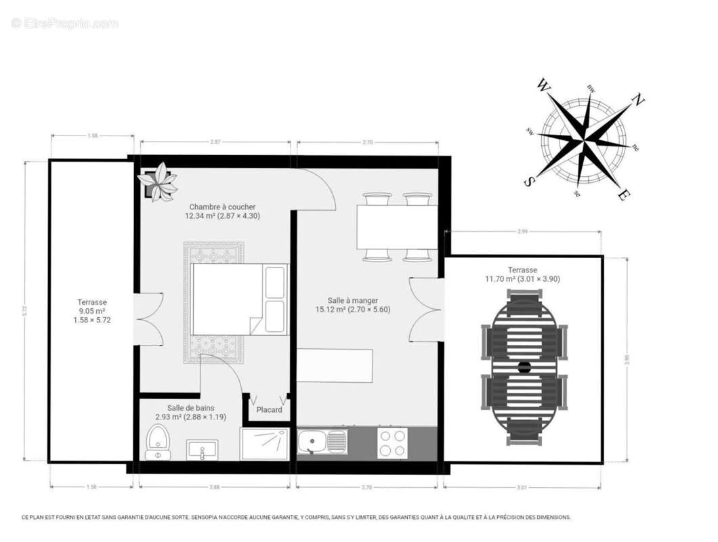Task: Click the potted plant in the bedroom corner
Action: tap(157, 182)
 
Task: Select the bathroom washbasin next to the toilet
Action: tap(202, 449)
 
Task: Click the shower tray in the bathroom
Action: tap(265, 444)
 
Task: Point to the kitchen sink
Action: tap(322, 443)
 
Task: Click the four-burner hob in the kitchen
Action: tap(392, 443)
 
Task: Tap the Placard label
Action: tap(269, 410)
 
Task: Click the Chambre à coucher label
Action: tap(222, 211)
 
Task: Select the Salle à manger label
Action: tap(352, 305)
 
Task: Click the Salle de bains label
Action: tap(190, 413)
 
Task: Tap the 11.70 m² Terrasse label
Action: tap(522, 274)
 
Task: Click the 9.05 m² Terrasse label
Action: tap(92, 311)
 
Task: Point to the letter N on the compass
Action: tap(637, 100)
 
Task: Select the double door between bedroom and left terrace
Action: tap(148, 318)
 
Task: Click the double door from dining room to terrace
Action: tap(427, 310)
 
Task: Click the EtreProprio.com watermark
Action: tap(64, 24)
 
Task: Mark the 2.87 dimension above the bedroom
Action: tap(215, 142)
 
